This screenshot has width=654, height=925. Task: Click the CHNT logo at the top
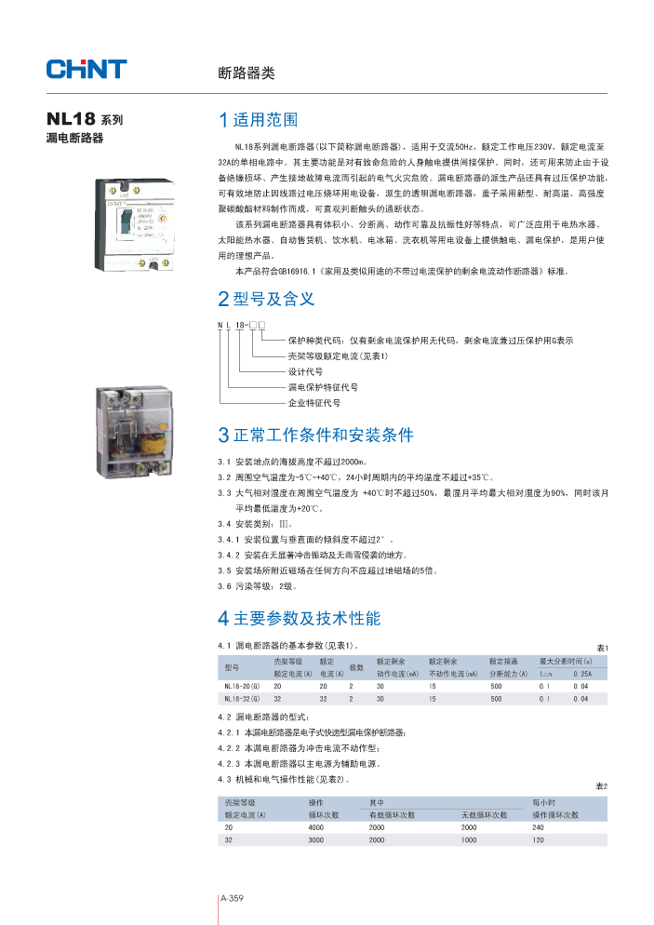[87, 69]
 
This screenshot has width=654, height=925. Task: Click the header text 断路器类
[246, 73]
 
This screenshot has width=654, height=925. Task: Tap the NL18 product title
[85, 120]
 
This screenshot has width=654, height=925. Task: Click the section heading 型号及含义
[266, 299]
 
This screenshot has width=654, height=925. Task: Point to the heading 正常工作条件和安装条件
[315, 435]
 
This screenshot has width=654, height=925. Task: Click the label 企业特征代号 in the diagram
[314, 403]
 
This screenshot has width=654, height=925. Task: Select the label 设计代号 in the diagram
[305, 371]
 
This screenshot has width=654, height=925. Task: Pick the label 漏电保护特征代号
[322, 387]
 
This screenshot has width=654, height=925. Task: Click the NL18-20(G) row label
[242, 685]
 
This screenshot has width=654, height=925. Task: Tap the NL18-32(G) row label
[242, 698]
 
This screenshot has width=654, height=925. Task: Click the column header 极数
[356, 667]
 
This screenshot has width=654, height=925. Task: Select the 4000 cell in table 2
[316, 826]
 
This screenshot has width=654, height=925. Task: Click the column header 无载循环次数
[484, 814]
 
